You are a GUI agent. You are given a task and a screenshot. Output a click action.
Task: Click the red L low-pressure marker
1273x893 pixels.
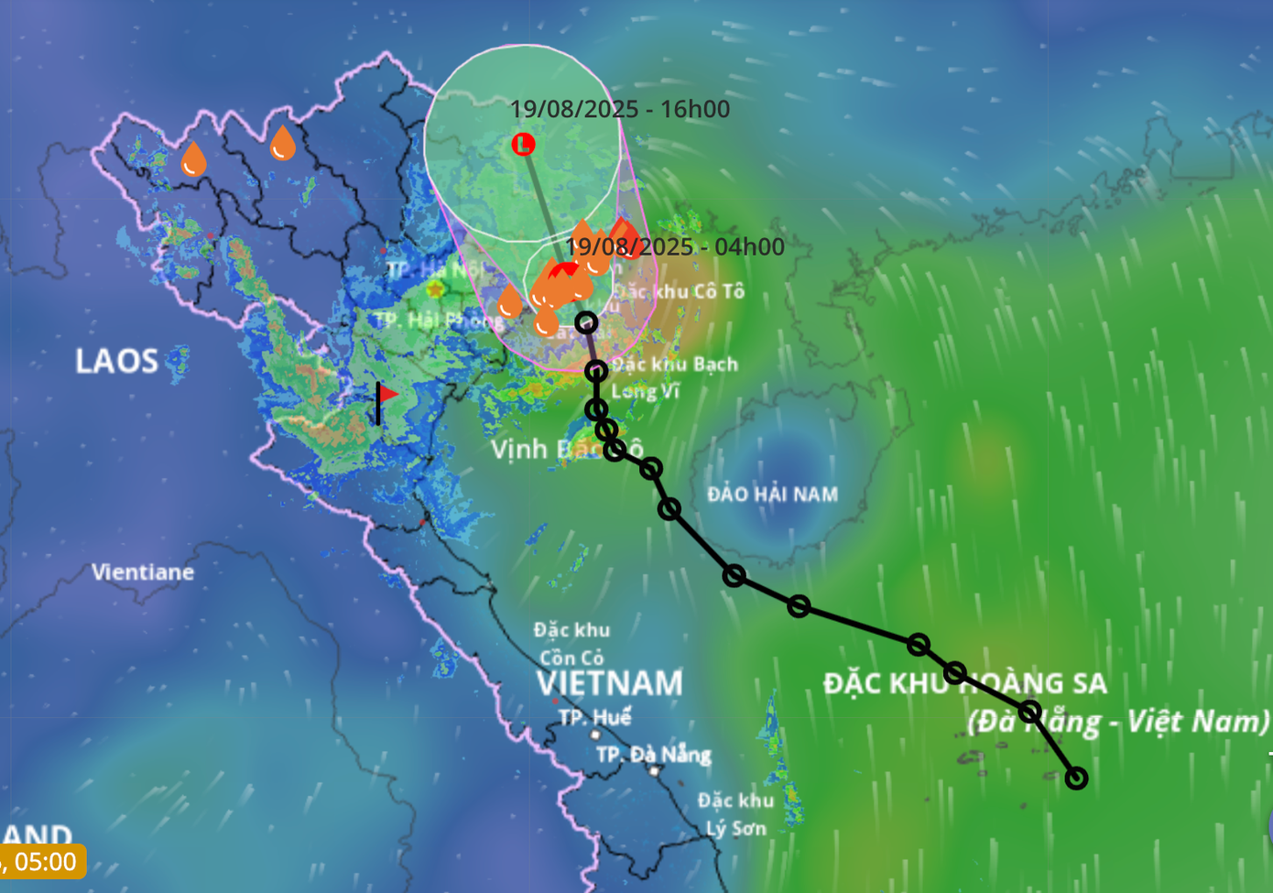pos(523,144)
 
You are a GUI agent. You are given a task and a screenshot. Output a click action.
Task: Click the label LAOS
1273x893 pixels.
pos(116,361)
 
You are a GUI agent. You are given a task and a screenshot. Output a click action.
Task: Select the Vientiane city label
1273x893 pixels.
pos(143,572)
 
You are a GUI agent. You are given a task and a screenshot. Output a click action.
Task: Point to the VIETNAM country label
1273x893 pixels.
pos(610,683)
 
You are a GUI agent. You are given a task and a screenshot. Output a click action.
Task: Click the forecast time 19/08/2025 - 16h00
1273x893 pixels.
pos(620,109)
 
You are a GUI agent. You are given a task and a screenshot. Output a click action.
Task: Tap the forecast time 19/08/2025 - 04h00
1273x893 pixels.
pos(675,246)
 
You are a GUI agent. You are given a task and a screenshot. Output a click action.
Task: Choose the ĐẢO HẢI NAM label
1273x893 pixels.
pos(772,495)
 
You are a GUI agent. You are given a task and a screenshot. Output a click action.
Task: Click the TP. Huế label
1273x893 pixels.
pos(595,716)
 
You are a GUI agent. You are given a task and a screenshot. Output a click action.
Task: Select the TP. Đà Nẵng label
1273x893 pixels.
pos(654,755)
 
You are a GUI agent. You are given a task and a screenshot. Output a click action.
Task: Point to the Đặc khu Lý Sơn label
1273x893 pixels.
pos(735,814)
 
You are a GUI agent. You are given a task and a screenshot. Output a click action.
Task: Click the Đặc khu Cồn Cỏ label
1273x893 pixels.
pos(571,644)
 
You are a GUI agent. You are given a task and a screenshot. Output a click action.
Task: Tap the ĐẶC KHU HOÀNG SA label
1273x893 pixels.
pos(964,683)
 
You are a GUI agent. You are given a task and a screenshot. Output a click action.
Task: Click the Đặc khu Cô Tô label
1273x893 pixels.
pos(679,291)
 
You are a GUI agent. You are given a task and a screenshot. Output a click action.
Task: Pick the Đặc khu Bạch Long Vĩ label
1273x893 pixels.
pos(674,377)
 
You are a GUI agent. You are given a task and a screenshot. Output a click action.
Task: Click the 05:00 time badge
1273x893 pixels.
pos(43,862)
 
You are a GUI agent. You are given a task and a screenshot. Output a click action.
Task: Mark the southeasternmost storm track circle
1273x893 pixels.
pos(1077,778)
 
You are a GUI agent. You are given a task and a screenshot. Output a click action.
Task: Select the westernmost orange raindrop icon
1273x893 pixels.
pos(193,159)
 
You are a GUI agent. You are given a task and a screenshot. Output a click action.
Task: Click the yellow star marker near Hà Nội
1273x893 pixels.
pos(435,289)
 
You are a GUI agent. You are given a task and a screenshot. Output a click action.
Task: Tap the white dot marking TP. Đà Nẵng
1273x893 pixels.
pos(654,771)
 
